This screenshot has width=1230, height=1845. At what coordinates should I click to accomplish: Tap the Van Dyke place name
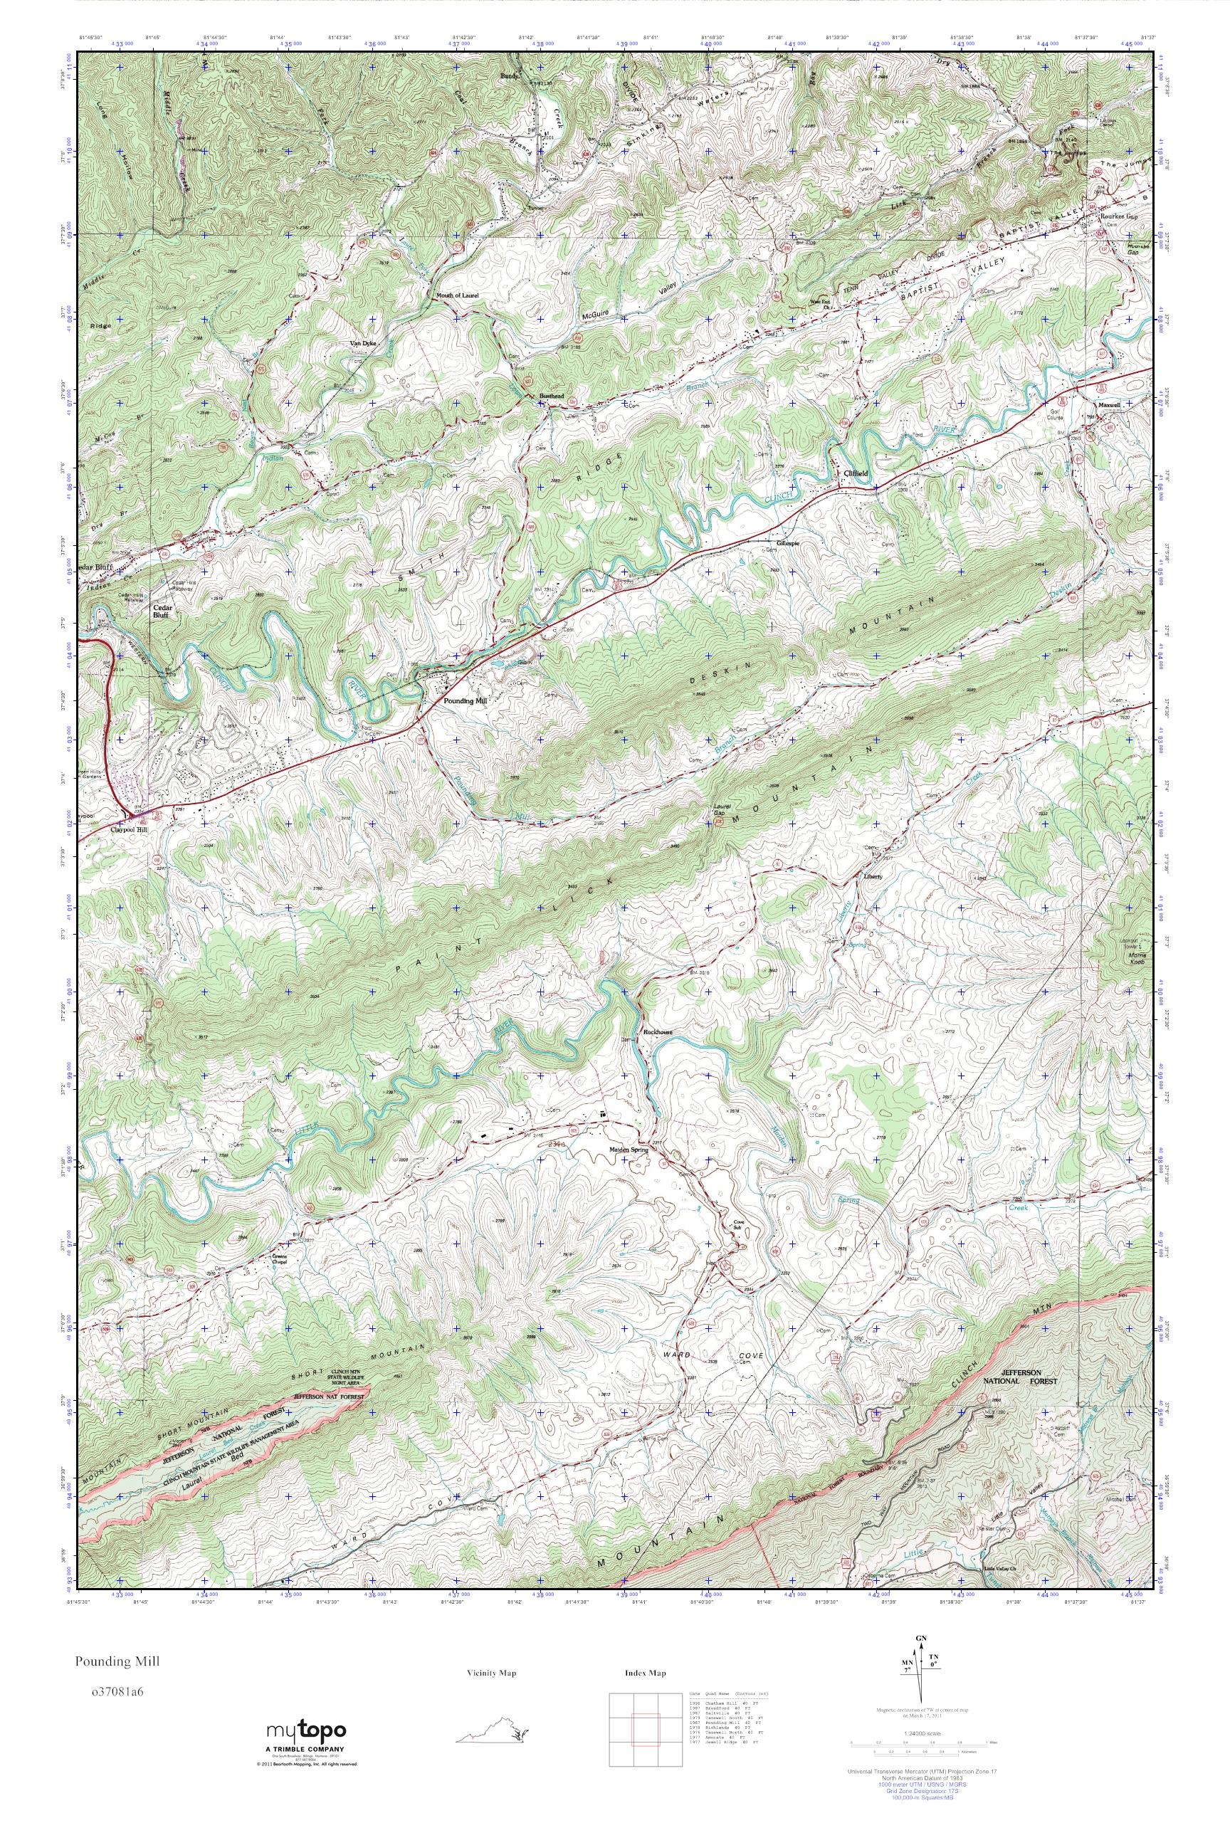tap(364, 344)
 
